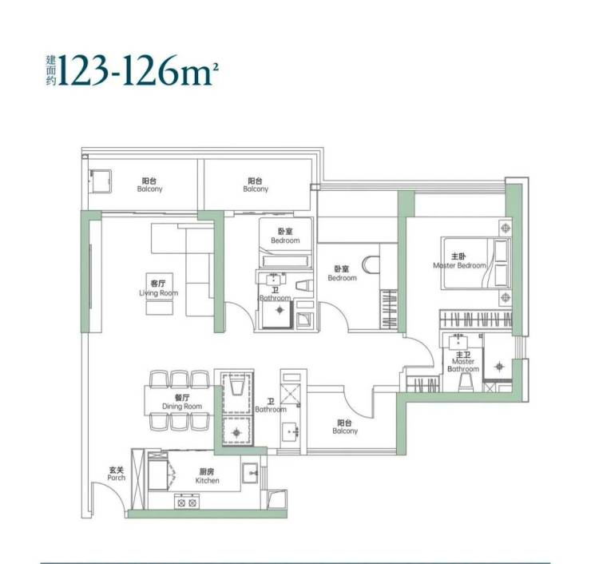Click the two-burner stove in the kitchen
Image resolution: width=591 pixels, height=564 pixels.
click(x=188, y=502)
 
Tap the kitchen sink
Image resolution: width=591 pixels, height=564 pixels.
click(x=250, y=473)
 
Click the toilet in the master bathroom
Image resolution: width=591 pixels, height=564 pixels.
click(x=466, y=384)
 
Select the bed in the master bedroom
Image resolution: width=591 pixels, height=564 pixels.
click(x=476, y=263)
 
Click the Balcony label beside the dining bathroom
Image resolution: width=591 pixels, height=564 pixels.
click(x=345, y=427)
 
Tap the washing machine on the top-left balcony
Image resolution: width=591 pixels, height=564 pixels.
click(x=100, y=181)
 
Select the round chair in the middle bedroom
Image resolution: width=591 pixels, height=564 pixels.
click(x=371, y=264)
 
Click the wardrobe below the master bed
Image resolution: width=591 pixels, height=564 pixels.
click(x=476, y=320)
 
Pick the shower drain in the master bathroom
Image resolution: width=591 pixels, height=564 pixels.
click(x=499, y=366)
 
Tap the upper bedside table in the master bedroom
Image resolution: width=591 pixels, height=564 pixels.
click(x=506, y=228)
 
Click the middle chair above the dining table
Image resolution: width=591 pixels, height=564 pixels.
click(x=180, y=379)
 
